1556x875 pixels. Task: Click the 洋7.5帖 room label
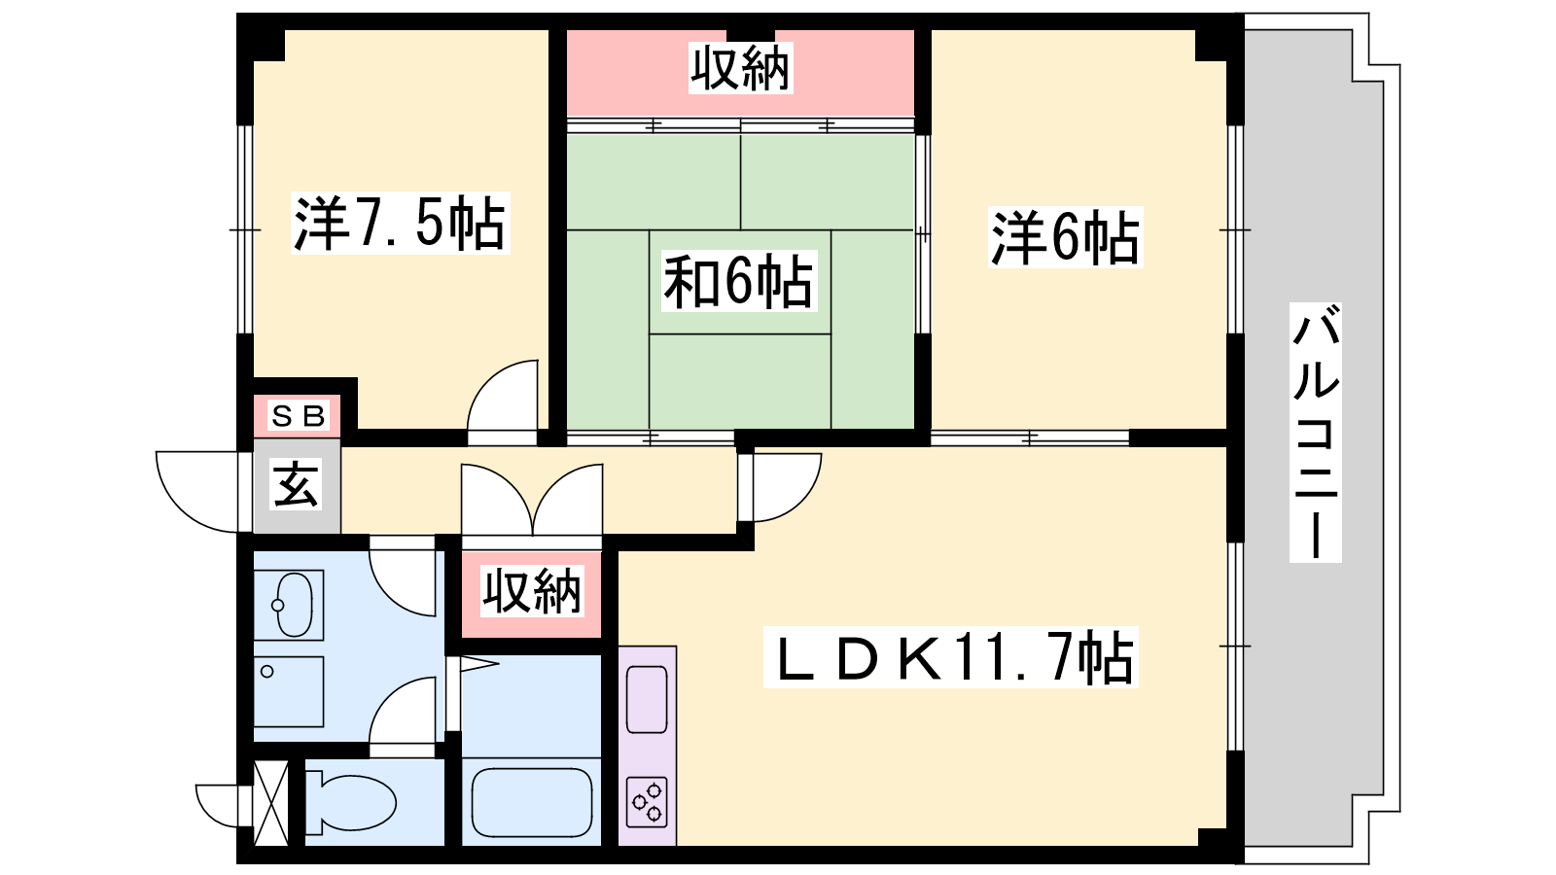400,223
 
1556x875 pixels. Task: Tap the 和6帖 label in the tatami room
738,282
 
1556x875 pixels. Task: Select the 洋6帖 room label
1065,237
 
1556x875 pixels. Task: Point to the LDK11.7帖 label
950,657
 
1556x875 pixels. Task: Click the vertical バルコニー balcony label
1316,432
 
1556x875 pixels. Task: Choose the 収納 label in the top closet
740,68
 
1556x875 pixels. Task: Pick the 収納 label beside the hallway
532,592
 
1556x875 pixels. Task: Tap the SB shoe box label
298,416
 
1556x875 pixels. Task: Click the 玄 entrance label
297,485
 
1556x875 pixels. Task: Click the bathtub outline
532,803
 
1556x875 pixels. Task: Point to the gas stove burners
647,803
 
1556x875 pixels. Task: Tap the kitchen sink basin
647,699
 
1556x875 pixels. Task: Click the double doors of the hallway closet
532,500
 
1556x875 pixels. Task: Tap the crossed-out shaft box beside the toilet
271,803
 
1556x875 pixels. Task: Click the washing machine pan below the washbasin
289,691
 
